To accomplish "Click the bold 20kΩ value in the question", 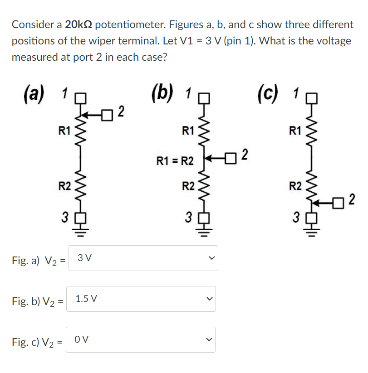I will [79, 24].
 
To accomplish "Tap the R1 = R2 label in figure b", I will [175, 161].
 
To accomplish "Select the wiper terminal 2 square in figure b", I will [233, 157].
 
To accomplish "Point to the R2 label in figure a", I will [65, 185].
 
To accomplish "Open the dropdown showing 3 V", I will [143, 258].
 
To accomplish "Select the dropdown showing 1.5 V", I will [141, 299].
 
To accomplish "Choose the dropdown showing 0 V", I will [141, 339].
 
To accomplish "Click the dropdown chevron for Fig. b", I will [208, 299].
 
